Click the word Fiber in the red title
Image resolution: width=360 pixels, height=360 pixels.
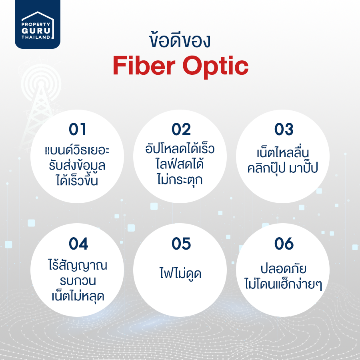[x=144, y=66]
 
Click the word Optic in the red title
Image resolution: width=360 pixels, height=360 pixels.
[x=216, y=67]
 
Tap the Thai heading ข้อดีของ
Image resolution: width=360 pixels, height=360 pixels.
[x=180, y=41]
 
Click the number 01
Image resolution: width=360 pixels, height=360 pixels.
[x=77, y=129]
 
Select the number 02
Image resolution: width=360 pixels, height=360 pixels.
[x=181, y=129]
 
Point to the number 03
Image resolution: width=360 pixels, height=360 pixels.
[x=284, y=129]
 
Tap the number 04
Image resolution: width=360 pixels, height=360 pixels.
[x=78, y=244]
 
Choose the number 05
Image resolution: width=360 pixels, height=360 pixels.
[x=181, y=244]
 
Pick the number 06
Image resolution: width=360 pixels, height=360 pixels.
[x=284, y=244]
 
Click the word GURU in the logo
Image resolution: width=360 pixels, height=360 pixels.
[x=36, y=31]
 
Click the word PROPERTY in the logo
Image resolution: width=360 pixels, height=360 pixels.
[x=36, y=24]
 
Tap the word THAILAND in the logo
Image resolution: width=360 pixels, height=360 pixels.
[x=36, y=37]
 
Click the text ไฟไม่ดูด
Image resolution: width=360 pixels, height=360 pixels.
[x=180, y=273]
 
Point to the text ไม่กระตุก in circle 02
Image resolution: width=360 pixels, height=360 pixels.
[x=180, y=180]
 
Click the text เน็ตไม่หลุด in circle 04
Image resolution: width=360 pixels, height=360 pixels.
[x=78, y=296]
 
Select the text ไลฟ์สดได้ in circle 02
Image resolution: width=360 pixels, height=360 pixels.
[x=180, y=164]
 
